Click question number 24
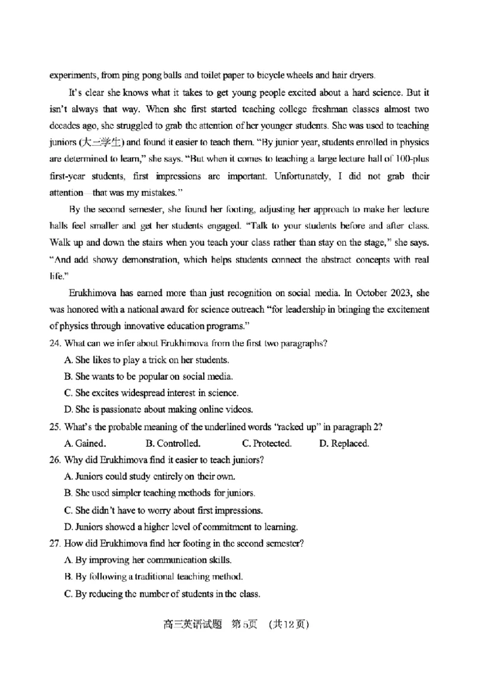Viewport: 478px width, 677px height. coord(54,343)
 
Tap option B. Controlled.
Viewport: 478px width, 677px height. coord(173,444)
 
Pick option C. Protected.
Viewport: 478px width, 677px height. coord(266,444)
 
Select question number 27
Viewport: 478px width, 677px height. coord(54,544)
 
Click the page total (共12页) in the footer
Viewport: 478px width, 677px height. coord(289,624)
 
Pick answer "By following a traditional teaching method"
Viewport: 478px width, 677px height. coord(152,577)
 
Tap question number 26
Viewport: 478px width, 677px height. coord(54,460)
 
